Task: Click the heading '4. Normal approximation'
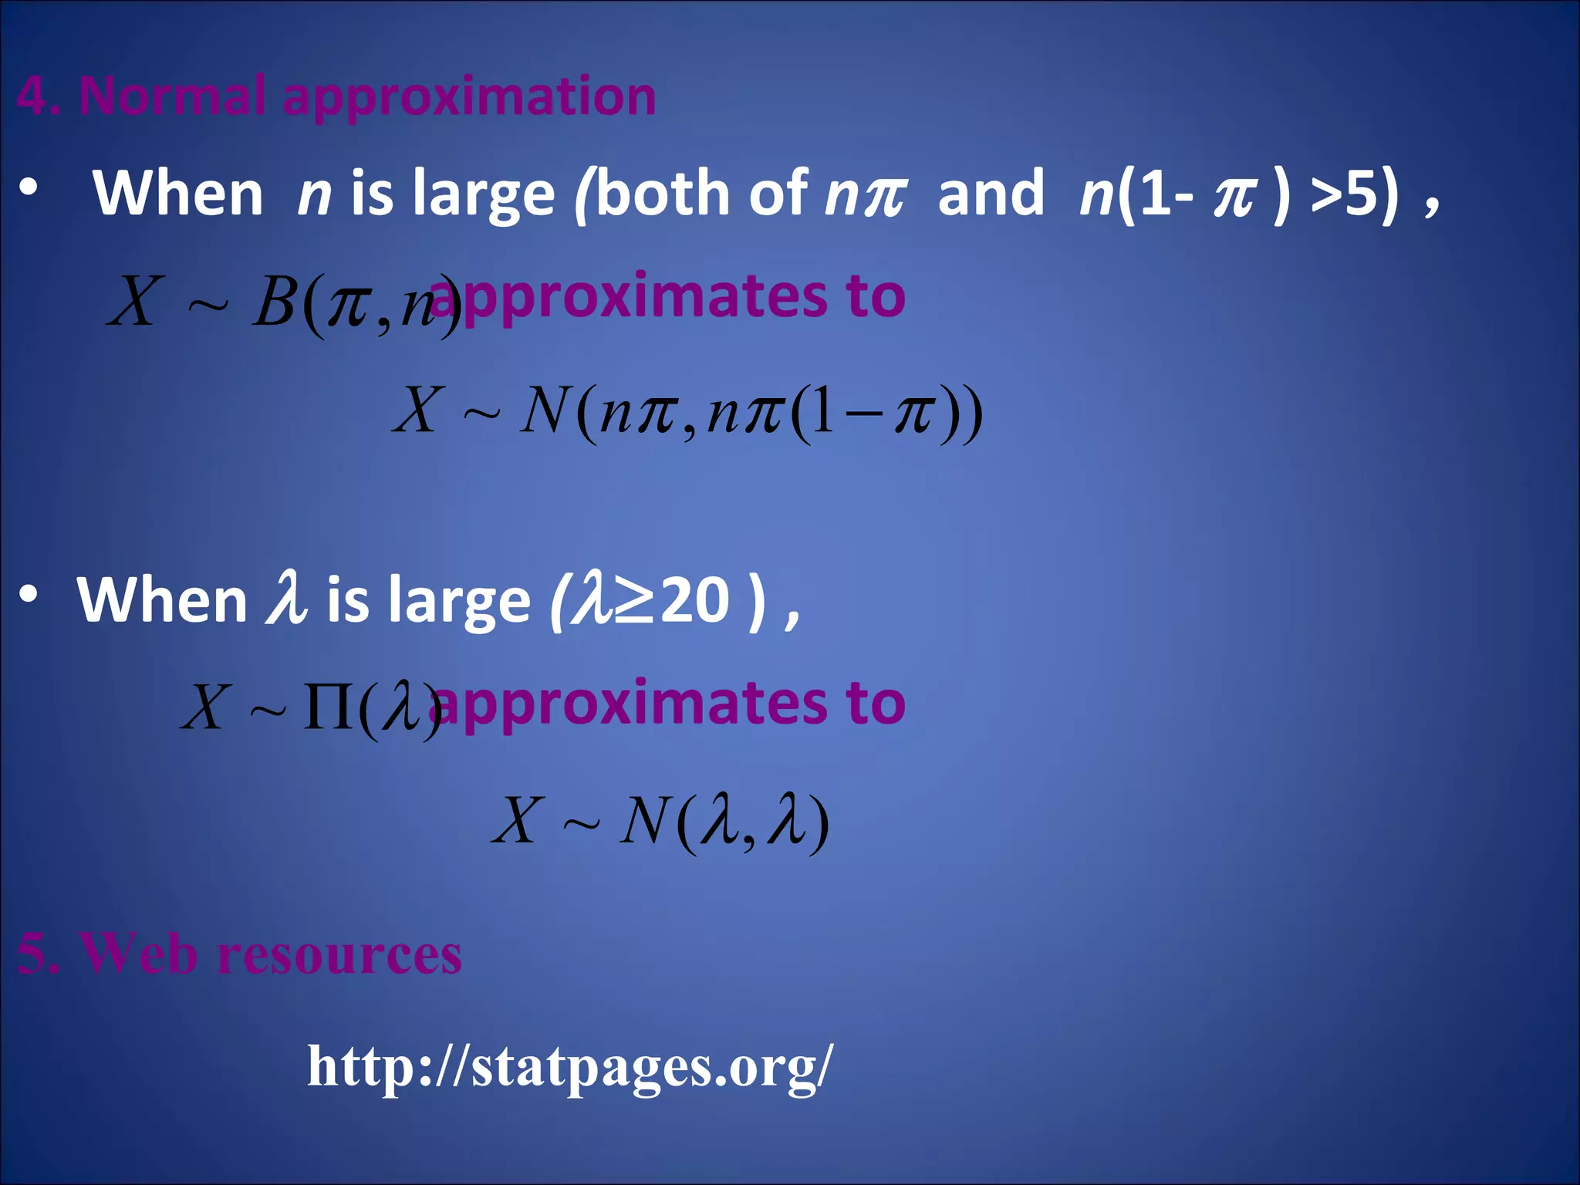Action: [x=336, y=96]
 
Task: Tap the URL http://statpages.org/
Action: [x=570, y=1066]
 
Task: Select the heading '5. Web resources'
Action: [x=239, y=954]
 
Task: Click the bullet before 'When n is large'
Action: [x=29, y=188]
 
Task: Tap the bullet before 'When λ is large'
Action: [x=29, y=594]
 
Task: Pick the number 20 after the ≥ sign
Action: [x=695, y=600]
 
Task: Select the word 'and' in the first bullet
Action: [x=991, y=193]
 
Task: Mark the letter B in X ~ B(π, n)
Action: [x=275, y=302]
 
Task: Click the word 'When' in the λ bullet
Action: [x=162, y=600]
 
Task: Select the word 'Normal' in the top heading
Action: [x=173, y=96]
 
